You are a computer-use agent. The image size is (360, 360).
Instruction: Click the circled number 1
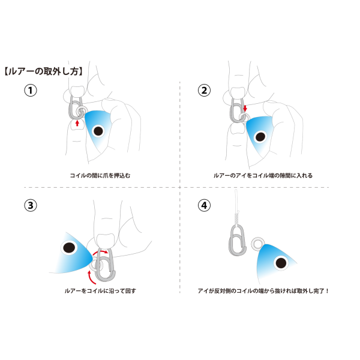pos(31,90)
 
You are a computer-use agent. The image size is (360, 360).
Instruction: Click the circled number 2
pos(204,90)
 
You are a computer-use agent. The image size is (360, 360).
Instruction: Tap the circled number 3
pos(31,205)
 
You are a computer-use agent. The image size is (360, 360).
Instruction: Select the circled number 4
pos(204,205)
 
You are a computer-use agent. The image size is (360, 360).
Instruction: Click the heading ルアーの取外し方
pos(43,71)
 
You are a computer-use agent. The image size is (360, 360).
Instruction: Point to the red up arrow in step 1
pos(77,123)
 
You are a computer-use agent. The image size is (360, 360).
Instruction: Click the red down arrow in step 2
pos(245,109)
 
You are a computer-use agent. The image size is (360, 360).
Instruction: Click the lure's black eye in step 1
pos(98,131)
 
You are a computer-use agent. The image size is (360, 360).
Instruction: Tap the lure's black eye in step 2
pos(260,137)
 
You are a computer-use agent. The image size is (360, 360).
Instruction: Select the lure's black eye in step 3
pos(69,248)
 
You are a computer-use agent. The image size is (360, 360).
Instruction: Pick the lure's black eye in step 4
pos(281,263)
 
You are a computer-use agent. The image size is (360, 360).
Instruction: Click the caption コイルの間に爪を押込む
pos(100,176)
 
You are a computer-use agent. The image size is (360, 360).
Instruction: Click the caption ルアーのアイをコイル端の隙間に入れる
pos(263,176)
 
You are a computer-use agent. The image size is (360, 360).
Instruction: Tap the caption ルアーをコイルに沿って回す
pos(100,291)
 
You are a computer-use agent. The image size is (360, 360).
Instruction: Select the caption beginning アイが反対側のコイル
pos(263,291)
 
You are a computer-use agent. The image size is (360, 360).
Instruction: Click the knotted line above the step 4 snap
pos(236,206)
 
